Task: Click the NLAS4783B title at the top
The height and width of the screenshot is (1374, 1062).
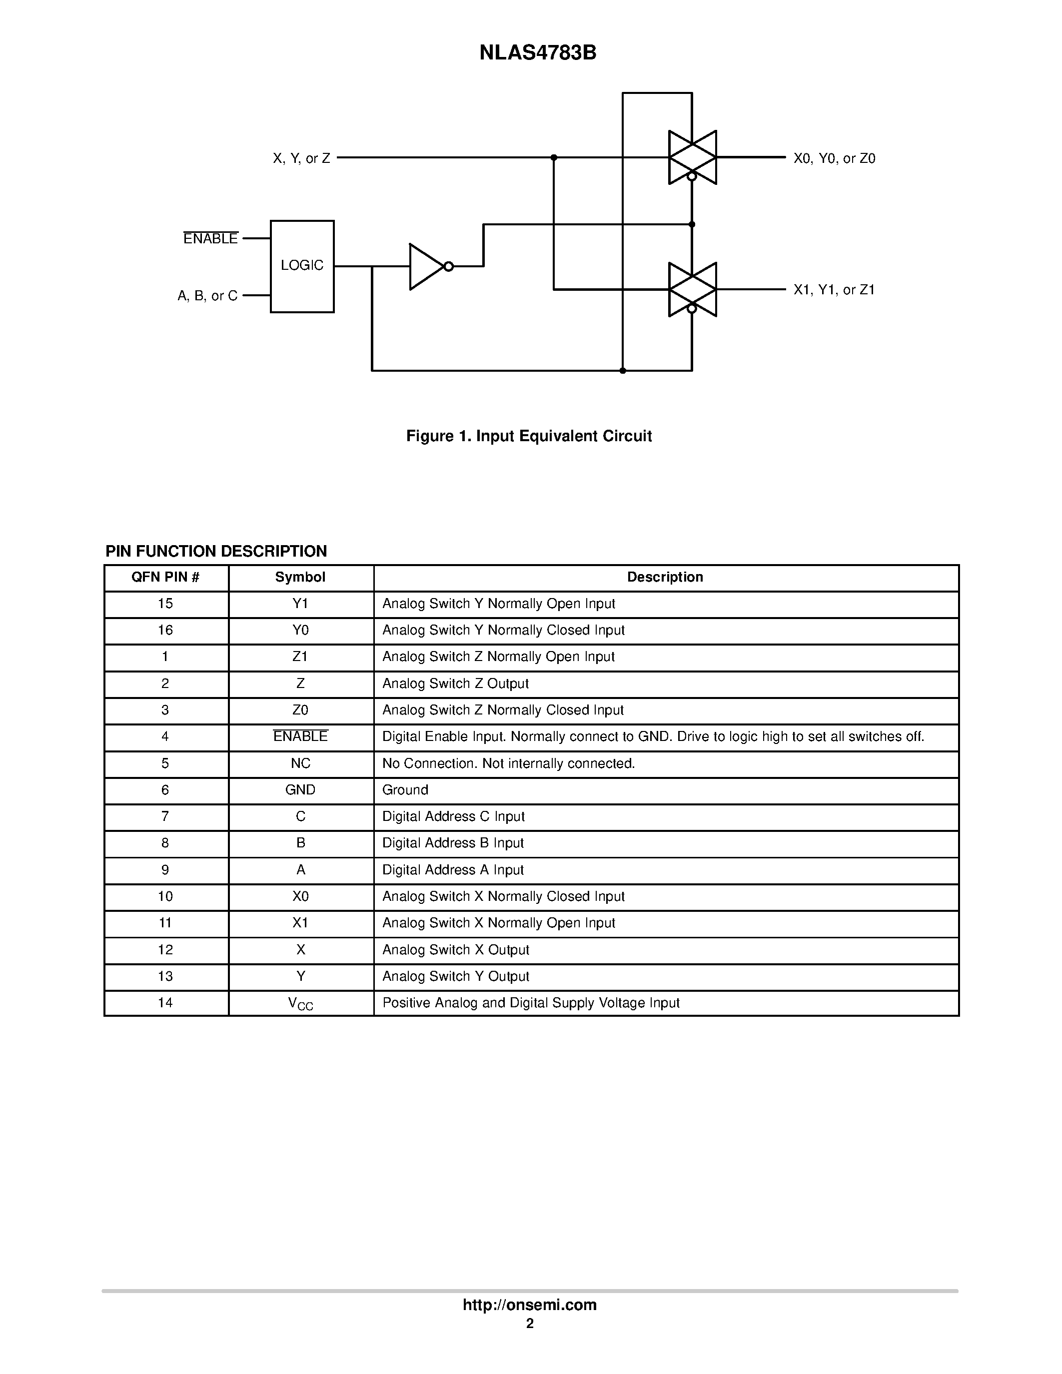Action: tap(537, 53)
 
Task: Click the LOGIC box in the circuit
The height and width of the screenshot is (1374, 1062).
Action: tap(302, 265)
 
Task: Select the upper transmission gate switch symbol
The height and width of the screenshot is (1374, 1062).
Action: tap(692, 157)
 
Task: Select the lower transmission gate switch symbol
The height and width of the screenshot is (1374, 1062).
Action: tap(692, 289)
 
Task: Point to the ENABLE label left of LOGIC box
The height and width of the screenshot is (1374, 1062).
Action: tap(210, 239)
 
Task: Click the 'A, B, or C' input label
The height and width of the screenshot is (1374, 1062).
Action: tap(207, 296)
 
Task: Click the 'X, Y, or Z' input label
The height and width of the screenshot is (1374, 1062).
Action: tap(301, 158)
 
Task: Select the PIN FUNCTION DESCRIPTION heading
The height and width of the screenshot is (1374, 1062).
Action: tap(216, 551)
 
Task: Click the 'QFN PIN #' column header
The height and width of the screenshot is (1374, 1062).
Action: tap(165, 577)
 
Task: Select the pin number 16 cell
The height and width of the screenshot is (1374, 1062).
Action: tap(165, 630)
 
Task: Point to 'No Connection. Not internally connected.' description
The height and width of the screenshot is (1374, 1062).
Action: tap(508, 763)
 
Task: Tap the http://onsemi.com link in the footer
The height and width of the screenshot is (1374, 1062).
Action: tap(529, 1305)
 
